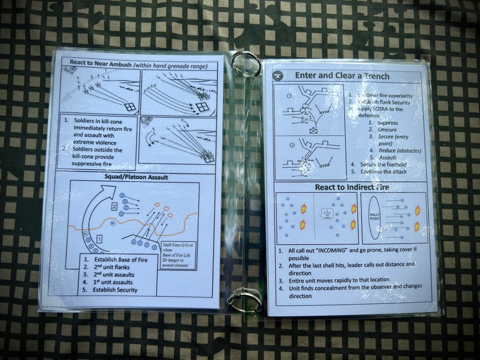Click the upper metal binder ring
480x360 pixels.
click(245, 62)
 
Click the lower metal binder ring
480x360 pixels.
click(245, 299)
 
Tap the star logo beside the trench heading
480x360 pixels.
click(279, 76)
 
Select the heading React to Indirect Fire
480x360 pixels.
click(351, 187)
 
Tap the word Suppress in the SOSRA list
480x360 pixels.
click(387, 123)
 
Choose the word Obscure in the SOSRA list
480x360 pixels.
click(387, 130)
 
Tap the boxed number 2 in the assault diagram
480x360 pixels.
click(113, 207)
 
